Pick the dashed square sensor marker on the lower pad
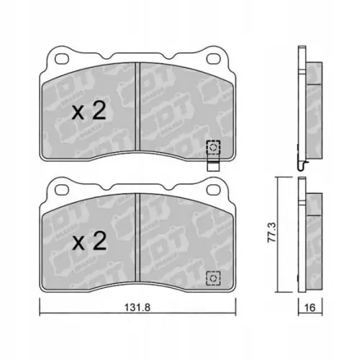[213, 278]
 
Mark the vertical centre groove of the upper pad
[138, 108]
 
